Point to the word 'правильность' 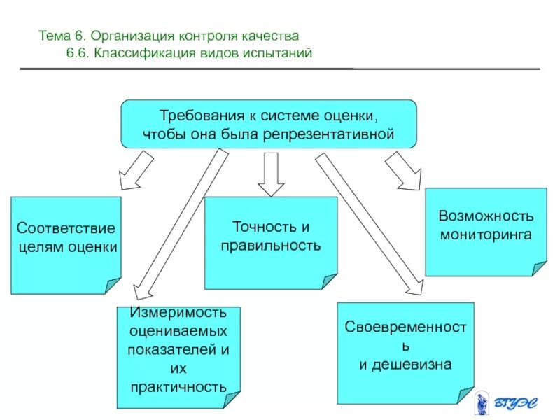click(x=270, y=246)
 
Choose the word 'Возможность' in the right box click(x=486, y=216)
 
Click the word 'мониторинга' click(x=486, y=234)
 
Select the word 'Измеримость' click(x=178, y=311)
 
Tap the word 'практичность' click(x=178, y=386)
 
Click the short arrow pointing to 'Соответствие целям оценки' click(x=136, y=172)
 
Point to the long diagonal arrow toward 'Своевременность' click(x=367, y=224)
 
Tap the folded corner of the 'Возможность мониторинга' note click(x=539, y=268)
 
